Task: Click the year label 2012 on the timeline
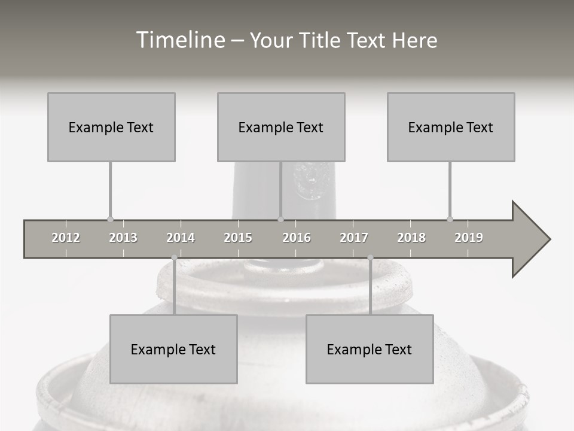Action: (x=66, y=238)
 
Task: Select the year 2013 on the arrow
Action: (x=123, y=238)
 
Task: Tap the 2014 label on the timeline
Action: (x=181, y=238)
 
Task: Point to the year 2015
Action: (x=238, y=238)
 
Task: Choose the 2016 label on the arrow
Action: (x=297, y=238)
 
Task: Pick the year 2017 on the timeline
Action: (x=354, y=238)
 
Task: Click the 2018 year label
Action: (x=411, y=238)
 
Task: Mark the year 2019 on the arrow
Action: (x=469, y=238)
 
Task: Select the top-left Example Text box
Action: (x=111, y=127)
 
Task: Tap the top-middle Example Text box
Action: (x=281, y=127)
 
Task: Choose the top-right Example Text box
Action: (x=451, y=127)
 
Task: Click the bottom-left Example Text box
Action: (x=173, y=349)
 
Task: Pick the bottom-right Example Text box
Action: (x=370, y=349)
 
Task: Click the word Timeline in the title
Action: (x=179, y=40)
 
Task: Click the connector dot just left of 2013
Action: (x=111, y=219)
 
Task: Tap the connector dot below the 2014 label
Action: (x=174, y=257)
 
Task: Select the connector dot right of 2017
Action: (x=370, y=257)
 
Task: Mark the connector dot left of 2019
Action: (x=450, y=219)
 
